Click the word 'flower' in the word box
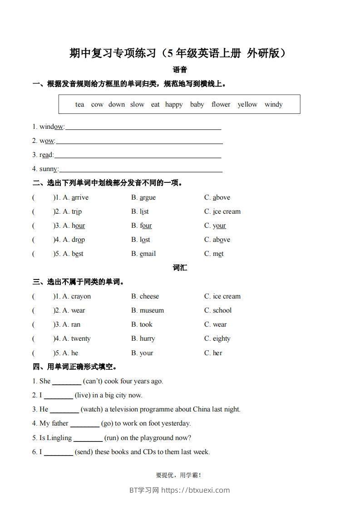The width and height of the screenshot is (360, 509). [x=221, y=104]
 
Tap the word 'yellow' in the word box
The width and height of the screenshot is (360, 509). [x=247, y=104]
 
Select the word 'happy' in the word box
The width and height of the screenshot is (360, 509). [x=174, y=104]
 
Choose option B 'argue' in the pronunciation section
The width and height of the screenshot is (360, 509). [x=143, y=197]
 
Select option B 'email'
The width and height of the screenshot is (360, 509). [x=143, y=254]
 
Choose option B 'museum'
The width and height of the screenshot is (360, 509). [x=148, y=310]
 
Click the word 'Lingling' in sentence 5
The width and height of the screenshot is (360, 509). [x=59, y=438]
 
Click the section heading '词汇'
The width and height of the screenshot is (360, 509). [x=180, y=268]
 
